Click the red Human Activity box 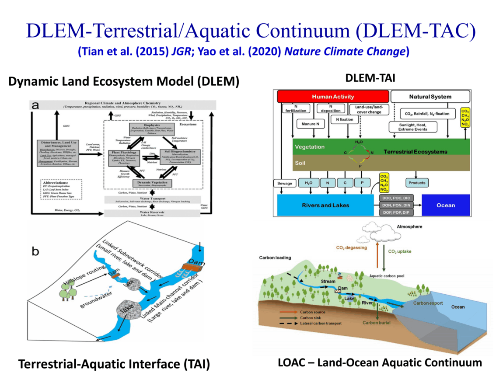pos(332,96)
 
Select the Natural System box pos(430,96)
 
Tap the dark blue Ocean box pos(445,205)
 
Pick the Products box pos(416,183)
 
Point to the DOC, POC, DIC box pos(396,198)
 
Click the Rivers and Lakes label pos(325,205)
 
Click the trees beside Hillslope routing pos(66,291)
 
